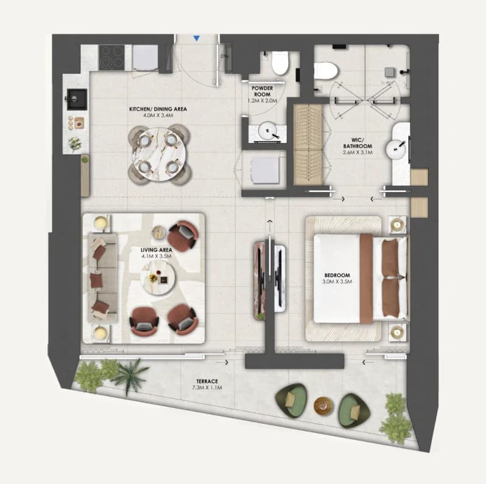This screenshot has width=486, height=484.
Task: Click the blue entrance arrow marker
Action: (x=197, y=38)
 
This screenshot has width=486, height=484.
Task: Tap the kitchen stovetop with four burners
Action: (x=111, y=57)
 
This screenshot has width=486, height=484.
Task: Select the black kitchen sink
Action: (x=77, y=99)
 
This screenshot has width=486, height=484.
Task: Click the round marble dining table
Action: (x=160, y=154)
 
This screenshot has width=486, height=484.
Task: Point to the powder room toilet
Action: (x=280, y=63)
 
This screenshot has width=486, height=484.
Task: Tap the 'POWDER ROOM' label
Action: (x=262, y=91)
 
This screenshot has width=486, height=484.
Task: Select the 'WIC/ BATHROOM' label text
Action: (x=357, y=143)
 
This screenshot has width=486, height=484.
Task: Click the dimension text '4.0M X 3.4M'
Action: (x=158, y=116)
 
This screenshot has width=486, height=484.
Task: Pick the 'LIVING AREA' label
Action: (x=156, y=250)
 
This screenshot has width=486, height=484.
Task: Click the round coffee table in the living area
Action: (x=158, y=277)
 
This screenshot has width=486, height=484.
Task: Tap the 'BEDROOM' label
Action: (x=337, y=275)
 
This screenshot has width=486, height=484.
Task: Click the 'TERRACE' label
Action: (x=207, y=381)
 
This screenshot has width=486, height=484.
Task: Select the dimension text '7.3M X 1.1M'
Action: (x=207, y=387)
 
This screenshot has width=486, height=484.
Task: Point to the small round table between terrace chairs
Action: (x=323, y=406)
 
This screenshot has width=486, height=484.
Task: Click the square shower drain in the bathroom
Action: (x=390, y=72)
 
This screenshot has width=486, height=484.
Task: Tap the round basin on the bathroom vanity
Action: (x=396, y=150)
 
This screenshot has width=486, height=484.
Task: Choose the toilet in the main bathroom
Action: (x=325, y=71)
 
